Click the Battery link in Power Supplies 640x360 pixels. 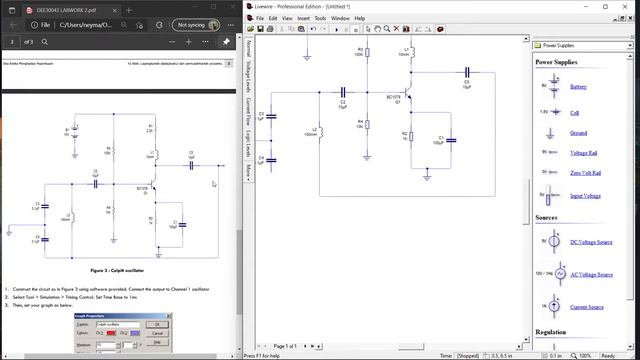click(578, 87)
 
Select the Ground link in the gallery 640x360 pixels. click(578, 132)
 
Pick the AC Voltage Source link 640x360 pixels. click(590, 274)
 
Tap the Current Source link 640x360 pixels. click(585, 307)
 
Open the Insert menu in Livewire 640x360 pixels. click(302, 18)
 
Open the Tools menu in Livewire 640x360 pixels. click(320, 18)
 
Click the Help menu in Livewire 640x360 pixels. click(359, 18)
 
